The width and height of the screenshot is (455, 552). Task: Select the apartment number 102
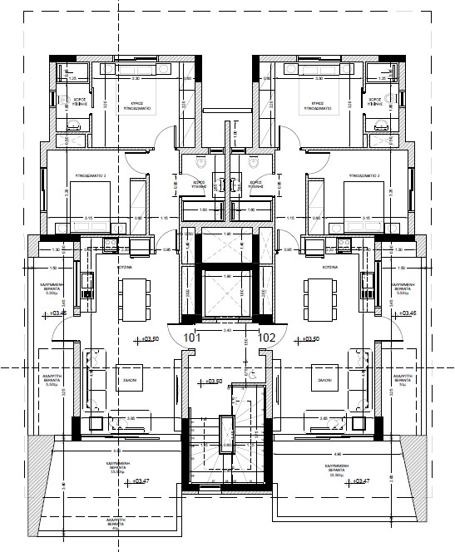point(268,338)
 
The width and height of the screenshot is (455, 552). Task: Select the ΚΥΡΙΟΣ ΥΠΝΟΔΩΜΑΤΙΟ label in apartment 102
point(318,105)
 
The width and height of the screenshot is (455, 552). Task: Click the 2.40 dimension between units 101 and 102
point(227,330)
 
